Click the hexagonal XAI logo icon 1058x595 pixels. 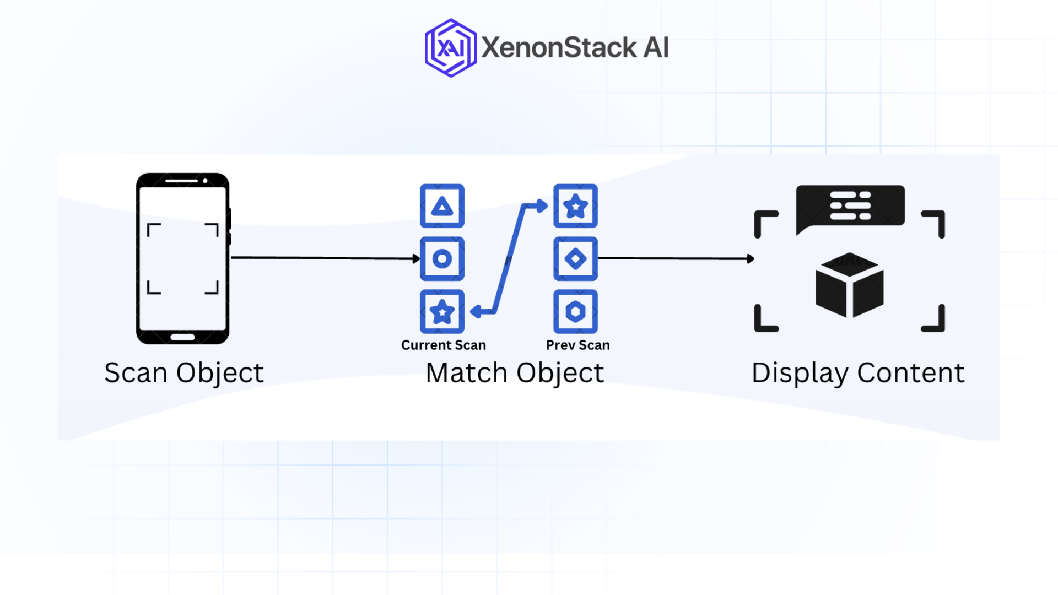[x=450, y=48]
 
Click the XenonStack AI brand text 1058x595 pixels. [x=575, y=47]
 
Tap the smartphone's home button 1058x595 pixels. [x=182, y=337]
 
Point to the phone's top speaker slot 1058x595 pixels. [x=181, y=181]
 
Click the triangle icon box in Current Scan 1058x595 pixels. [x=442, y=206]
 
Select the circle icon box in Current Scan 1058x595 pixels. [x=442, y=259]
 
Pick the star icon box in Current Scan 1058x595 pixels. [x=442, y=312]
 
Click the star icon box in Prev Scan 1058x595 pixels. [x=575, y=206]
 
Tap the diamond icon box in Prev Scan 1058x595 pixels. [x=575, y=259]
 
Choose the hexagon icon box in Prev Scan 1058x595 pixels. [x=575, y=312]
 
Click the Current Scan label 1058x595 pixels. [x=443, y=345]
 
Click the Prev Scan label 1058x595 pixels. [x=577, y=345]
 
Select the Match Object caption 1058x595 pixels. [x=515, y=373]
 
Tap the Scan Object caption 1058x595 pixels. [x=184, y=373]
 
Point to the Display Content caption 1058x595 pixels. [x=858, y=373]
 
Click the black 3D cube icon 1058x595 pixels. [x=849, y=285]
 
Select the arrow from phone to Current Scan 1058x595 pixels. [x=325, y=258]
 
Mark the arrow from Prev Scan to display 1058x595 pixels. [x=676, y=258]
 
